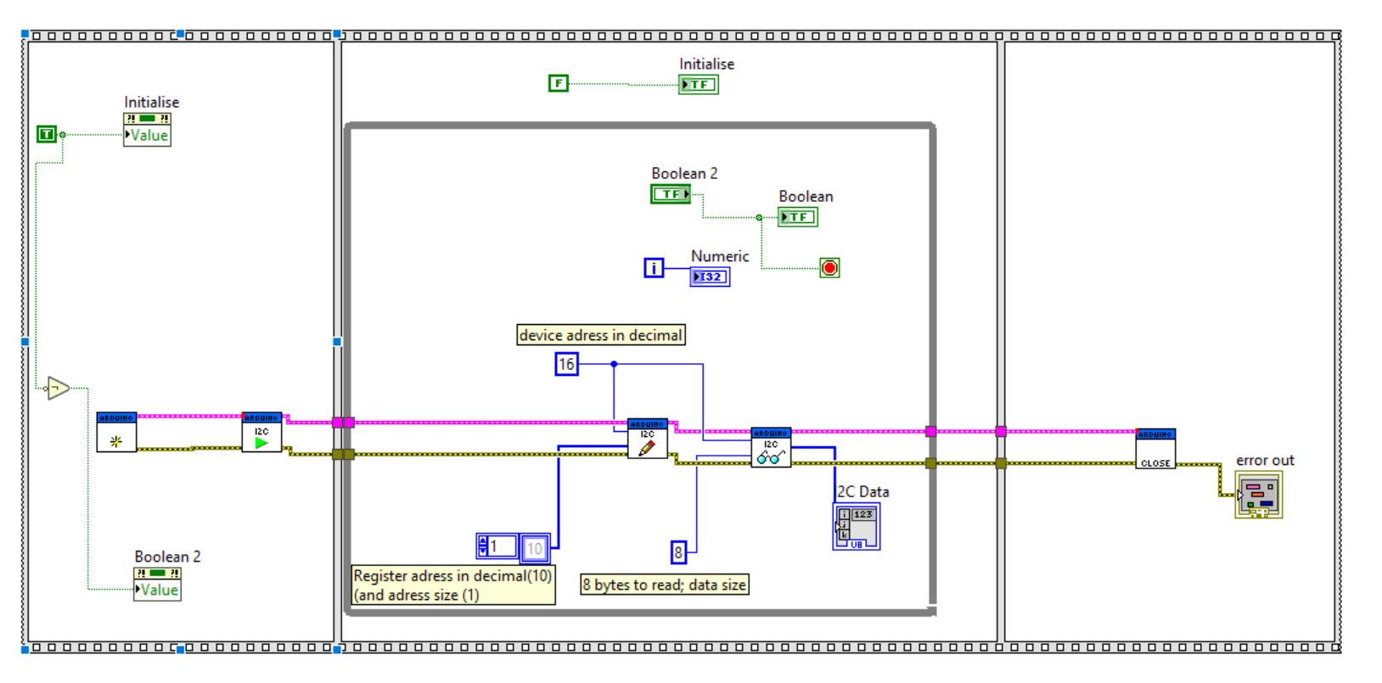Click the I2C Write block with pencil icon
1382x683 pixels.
click(x=647, y=439)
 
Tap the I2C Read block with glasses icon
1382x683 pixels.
click(x=771, y=447)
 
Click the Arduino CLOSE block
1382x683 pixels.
click(x=1155, y=449)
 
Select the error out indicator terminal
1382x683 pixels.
click(x=1258, y=495)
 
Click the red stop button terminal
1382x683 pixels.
click(x=829, y=268)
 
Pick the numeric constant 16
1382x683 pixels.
click(x=566, y=365)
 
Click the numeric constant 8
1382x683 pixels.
click(x=678, y=553)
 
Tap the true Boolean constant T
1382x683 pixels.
click(x=47, y=134)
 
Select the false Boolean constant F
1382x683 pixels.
click(x=558, y=83)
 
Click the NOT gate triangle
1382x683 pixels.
click(x=58, y=389)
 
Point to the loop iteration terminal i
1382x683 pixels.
click(x=654, y=268)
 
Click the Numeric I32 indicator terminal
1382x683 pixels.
click(x=710, y=277)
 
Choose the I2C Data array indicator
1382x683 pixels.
click(x=856, y=526)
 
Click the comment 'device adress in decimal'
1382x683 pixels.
click(x=601, y=335)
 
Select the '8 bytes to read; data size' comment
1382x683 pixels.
click(x=665, y=585)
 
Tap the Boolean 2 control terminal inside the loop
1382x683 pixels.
click(x=671, y=194)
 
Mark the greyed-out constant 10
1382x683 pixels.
click(x=535, y=548)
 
